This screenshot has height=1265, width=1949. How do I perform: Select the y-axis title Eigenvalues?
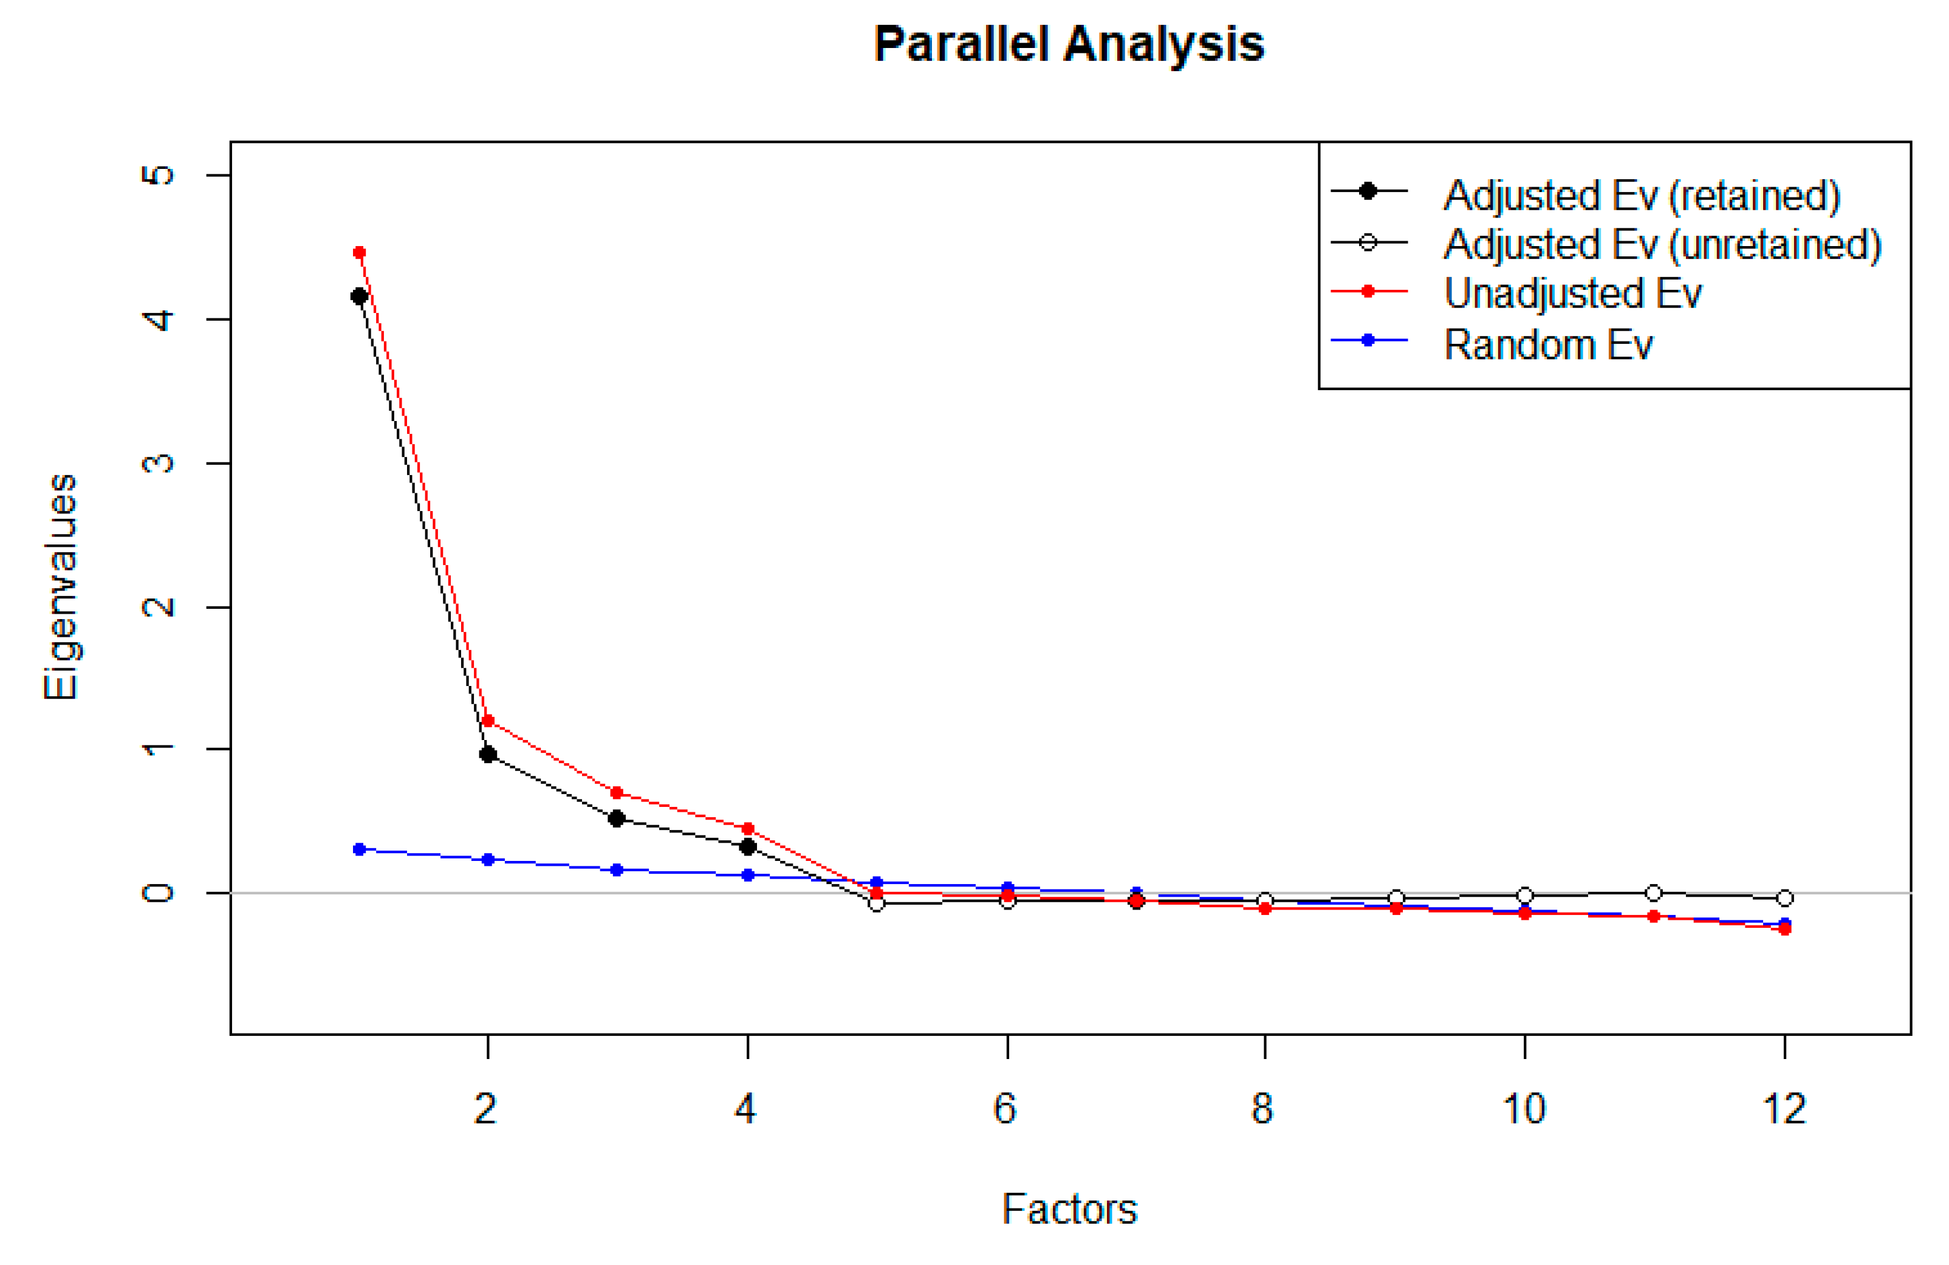[61, 586]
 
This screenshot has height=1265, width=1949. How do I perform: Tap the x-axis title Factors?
[1069, 1209]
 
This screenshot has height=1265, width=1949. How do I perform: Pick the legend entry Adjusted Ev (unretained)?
[1662, 244]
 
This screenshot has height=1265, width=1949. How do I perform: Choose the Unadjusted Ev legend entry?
[1572, 293]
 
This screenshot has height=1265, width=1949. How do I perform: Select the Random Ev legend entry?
[1548, 344]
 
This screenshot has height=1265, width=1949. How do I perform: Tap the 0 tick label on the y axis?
[158, 893]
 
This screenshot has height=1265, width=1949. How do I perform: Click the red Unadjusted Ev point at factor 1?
[358, 252]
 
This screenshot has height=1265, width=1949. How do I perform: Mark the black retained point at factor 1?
[358, 297]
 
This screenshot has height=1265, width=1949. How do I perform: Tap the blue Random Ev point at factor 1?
[358, 849]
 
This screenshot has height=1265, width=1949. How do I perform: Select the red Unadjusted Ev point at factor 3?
[617, 792]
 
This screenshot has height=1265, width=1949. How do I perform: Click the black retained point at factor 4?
[747, 846]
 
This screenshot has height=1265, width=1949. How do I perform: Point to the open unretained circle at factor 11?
[1653, 893]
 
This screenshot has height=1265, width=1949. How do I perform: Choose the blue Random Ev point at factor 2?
[488, 860]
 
